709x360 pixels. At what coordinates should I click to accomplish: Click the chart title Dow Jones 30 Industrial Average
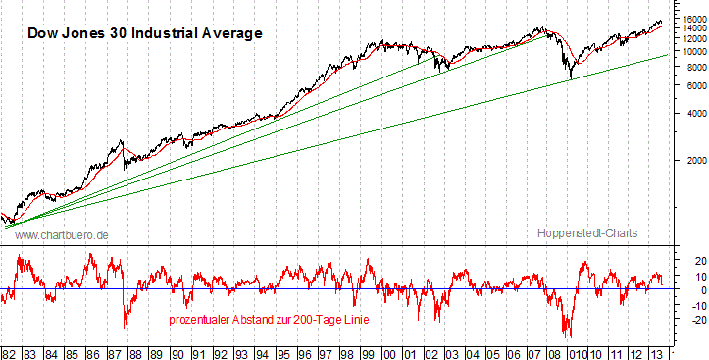pyautogui.click(x=145, y=33)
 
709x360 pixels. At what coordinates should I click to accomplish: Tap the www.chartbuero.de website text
pyautogui.click(x=62, y=235)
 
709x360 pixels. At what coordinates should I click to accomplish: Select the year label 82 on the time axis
pyautogui.click(x=10, y=350)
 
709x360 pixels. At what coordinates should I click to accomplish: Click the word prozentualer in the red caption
pyautogui.click(x=201, y=320)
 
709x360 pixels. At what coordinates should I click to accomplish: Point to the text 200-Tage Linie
pyautogui.click(x=328, y=320)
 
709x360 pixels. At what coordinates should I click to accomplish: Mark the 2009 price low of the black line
pyautogui.click(x=571, y=78)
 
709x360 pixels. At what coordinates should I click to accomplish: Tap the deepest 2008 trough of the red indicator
pyautogui.click(x=567, y=336)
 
